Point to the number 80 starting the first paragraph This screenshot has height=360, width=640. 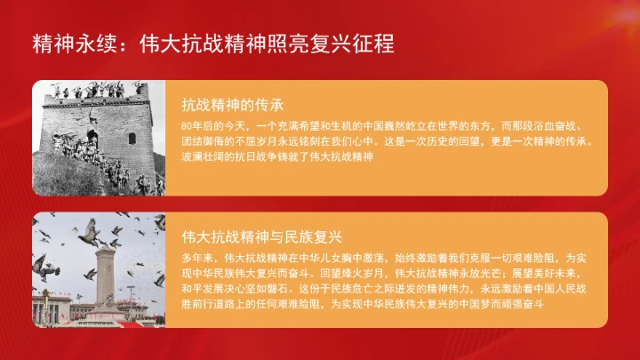(185, 125)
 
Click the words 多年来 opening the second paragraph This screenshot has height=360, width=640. (195, 258)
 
